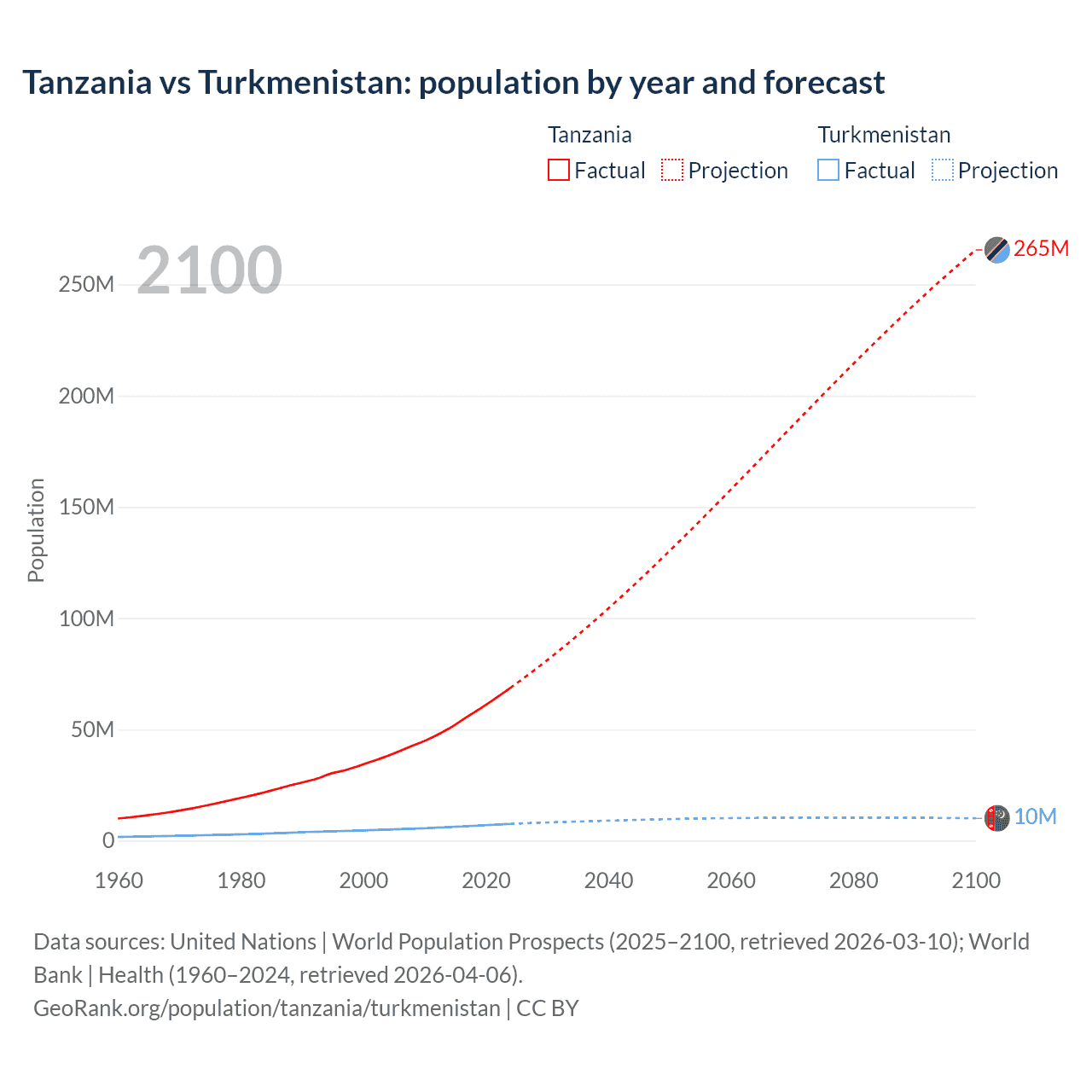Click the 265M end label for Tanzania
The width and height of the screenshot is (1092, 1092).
click(x=1041, y=248)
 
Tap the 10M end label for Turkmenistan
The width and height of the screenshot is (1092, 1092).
click(x=1035, y=816)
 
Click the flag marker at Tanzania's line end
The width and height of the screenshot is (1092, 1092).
click(x=996, y=249)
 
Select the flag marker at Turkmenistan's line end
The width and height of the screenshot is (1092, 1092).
click(x=996, y=818)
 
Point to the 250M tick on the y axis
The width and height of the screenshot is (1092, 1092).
click(x=86, y=285)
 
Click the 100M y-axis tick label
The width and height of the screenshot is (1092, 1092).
click(x=86, y=619)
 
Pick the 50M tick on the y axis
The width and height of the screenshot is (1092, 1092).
click(x=92, y=729)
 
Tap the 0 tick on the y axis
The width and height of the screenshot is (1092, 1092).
click(x=108, y=840)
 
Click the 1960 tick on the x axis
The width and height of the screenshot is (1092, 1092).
click(x=119, y=880)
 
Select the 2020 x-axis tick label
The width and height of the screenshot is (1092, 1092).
click(x=486, y=880)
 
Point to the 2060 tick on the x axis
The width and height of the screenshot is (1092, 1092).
click(x=731, y=880)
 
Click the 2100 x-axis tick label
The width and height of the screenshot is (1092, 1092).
click(x=976, y=880)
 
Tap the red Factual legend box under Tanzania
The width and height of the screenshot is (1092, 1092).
click(x=559, y=170)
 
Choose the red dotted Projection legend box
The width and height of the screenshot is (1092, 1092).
click(x=672, y=170)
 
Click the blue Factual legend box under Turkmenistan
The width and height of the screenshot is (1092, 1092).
click(x=828, y=170)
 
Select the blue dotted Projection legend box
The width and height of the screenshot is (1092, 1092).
click(x=943, y=170)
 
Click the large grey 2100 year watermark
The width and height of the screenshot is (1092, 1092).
click(x=209, y=270)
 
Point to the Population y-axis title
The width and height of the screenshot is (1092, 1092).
click(x=36, y=530)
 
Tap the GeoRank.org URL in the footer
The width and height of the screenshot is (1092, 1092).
click(x=266, y=1008)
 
